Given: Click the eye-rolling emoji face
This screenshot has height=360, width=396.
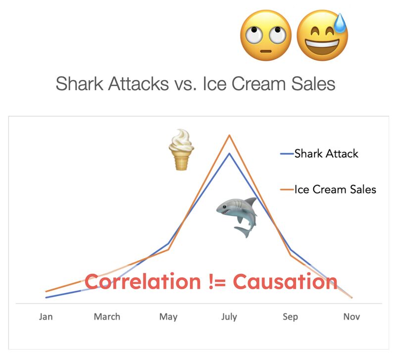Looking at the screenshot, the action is point(266,35).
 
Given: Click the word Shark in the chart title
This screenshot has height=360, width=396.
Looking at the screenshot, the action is point(80,84).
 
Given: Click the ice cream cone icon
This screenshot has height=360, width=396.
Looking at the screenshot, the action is point(181,150).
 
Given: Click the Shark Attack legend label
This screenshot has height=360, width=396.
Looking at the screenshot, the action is point(326,154).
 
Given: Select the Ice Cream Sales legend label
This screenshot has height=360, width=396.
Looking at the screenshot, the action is point(336,190).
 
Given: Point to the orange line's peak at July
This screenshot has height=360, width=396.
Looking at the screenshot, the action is point(229,135).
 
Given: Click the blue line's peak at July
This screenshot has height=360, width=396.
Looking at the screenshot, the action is point(229,154).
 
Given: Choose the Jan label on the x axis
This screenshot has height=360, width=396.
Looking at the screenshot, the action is point(46,316).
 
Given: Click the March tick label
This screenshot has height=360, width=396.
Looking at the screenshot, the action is point(107,316).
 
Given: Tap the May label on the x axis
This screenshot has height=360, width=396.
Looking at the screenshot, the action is point(168,317).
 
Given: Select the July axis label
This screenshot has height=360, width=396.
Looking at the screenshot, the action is point(229,317).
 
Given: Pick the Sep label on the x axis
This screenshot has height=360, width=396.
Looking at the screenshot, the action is point(291,317).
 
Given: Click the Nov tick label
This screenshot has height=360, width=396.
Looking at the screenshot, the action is point(351,316).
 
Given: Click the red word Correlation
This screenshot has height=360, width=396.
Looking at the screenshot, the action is point(143,281).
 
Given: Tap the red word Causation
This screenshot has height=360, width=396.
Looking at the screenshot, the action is point(285,281).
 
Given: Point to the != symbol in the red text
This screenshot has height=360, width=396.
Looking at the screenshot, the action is point(217,281).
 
